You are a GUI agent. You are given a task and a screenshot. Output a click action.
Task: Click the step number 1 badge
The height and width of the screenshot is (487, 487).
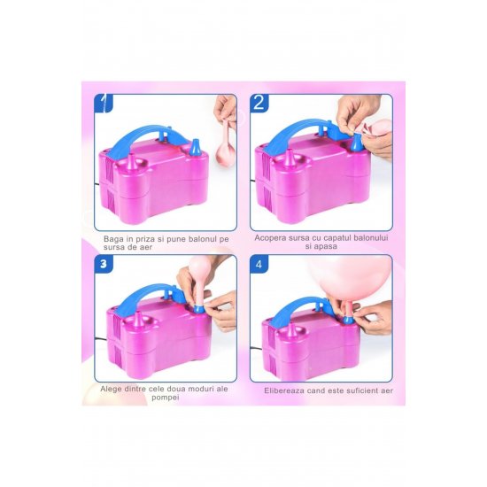coord(104,103)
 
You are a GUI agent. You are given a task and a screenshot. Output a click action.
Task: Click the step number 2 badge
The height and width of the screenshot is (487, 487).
coord(259,103)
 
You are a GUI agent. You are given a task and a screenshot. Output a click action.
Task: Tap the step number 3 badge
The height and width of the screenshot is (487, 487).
coord(104,264)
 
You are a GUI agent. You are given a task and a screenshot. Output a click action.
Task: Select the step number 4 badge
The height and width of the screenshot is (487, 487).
coord(259,264)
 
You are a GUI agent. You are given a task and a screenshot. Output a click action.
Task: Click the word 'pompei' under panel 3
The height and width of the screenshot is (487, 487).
coord(166,398)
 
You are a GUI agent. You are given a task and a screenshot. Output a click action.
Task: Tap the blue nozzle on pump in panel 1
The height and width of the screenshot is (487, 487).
coord(195,148)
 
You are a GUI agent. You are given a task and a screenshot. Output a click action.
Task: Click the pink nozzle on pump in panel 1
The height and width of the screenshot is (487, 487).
coord(132,161)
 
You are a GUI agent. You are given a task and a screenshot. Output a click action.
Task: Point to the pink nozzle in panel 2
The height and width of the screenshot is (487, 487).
coord(290,158)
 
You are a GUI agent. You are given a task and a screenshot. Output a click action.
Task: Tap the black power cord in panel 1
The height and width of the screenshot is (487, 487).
coord(97,184)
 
